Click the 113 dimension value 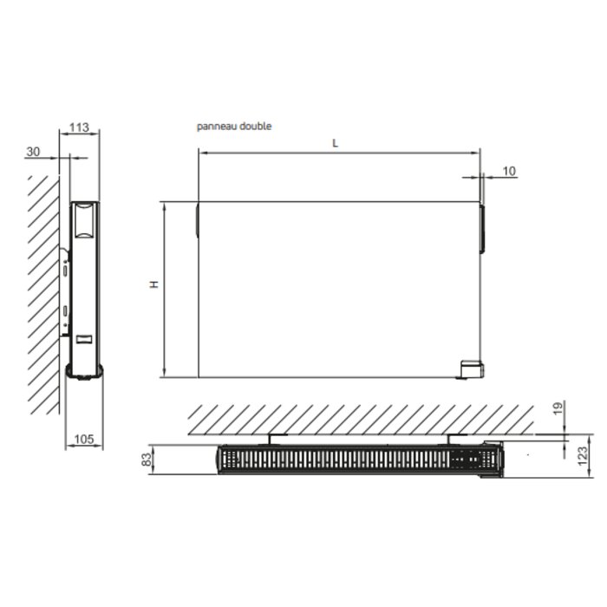tap(78, 127)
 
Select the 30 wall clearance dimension tap(33, 152)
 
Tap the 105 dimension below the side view tap(83, 439)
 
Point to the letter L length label tap(336, 144)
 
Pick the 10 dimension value tap(508, 171)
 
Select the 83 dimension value tap(148, 457)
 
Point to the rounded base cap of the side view tap(84, 372)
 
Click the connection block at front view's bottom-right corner tap(473, 370)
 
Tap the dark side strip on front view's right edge tap(482, 228)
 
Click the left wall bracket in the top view tap(271, 440)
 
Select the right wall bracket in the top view tap(450, 440)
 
